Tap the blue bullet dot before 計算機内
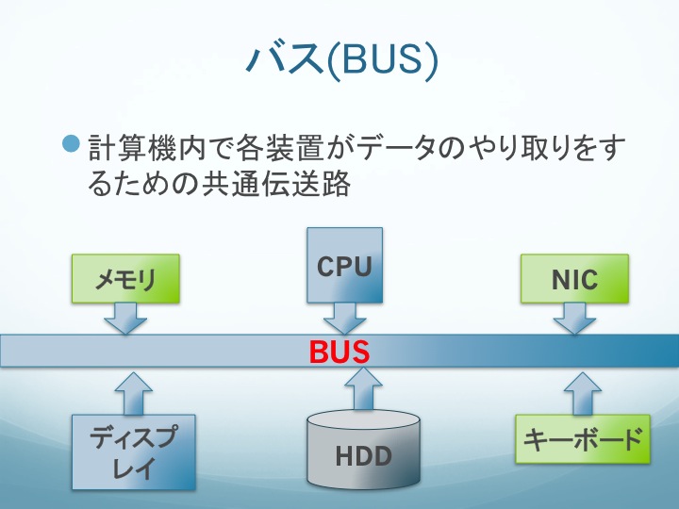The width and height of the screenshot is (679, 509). point(71,143)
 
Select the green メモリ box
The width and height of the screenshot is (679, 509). point(125,278)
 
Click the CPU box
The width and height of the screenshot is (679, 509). point(345,265)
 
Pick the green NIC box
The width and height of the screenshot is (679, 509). point(574,278)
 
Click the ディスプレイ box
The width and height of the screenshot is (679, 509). point(133,452)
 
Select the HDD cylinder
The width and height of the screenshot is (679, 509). point(364,450)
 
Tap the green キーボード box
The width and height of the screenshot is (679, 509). point(583,439)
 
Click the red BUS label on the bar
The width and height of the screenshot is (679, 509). point(339,352)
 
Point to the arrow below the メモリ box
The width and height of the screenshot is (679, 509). point(125,319)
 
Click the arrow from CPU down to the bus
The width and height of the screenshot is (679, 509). point(345,319)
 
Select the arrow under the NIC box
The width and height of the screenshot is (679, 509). point(574,319)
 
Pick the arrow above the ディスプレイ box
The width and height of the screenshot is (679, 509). point(133,393)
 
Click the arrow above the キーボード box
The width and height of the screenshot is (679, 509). point(583,393)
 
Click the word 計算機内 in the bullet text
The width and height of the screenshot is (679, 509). point(146,148)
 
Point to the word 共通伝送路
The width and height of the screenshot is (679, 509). point(276,184)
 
